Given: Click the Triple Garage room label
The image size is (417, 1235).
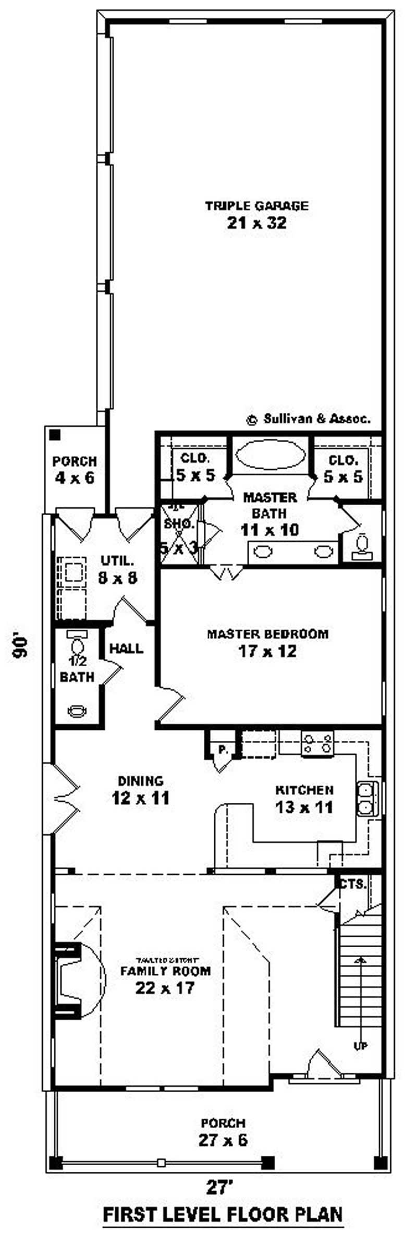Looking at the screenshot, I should pos(256,205).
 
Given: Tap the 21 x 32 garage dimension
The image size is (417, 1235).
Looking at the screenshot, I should pos(256,223).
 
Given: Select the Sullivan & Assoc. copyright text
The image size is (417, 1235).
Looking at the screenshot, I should pos(309,419).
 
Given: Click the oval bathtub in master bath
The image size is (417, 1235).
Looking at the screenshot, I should pos(269,456).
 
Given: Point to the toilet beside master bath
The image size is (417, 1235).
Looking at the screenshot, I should pos(362,545).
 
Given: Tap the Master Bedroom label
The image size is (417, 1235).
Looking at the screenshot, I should pos(268,634).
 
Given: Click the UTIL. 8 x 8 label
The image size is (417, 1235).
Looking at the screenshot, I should pos(117,569).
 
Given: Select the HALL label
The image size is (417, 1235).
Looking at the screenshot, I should pos(126,649).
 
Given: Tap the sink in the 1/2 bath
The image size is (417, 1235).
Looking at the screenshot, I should pos(78,710).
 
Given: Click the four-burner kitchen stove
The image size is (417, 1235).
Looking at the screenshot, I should pos(317,743).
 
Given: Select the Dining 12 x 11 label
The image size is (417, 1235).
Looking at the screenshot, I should pos(141,790).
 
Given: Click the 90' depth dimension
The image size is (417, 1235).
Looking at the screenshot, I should pos(19,646).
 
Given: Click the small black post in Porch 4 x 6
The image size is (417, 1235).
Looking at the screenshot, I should pos(55,434).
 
